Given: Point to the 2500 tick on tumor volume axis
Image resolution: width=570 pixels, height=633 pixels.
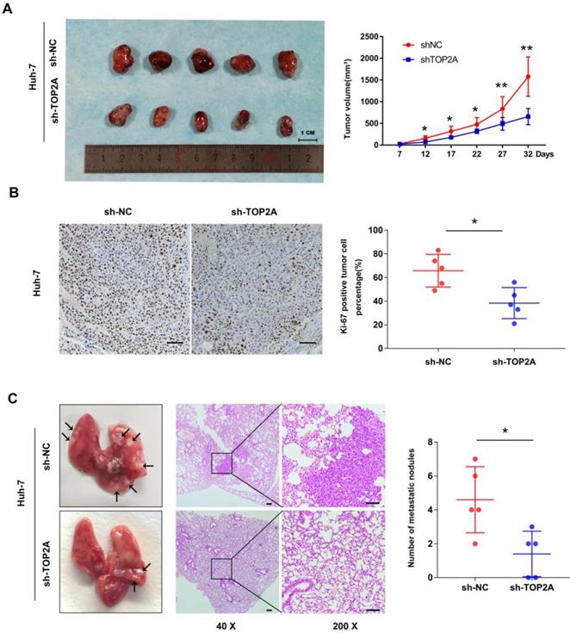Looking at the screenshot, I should [364, 36].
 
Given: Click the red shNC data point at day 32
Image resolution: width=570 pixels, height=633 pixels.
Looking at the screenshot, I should [527, 76].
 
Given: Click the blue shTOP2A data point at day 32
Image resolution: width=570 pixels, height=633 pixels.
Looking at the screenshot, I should [527, 116].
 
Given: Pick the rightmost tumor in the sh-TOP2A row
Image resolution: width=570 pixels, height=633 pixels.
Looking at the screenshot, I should [285, 124].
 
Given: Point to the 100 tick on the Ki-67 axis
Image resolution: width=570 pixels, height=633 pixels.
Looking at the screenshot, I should [375, 231].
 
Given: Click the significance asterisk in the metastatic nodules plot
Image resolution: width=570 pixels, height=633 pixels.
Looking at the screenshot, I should [504, 431].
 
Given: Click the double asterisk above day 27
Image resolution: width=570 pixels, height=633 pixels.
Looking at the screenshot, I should [500, 86].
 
